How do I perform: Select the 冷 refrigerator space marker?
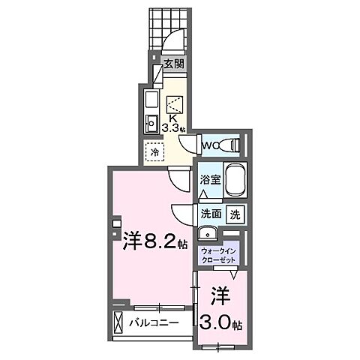(x=155, y=151)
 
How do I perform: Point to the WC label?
(x=211, y=143)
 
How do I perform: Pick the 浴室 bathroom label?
(x=209, y=181)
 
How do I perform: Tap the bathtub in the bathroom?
(x=234, y=179)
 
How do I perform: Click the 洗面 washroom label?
(x=211, y=214)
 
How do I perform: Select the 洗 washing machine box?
(x=235, y=214)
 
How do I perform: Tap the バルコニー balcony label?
(x=153, y=323)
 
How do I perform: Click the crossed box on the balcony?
(x=118, y=322)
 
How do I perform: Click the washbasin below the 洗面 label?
(x=208, y=232)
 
